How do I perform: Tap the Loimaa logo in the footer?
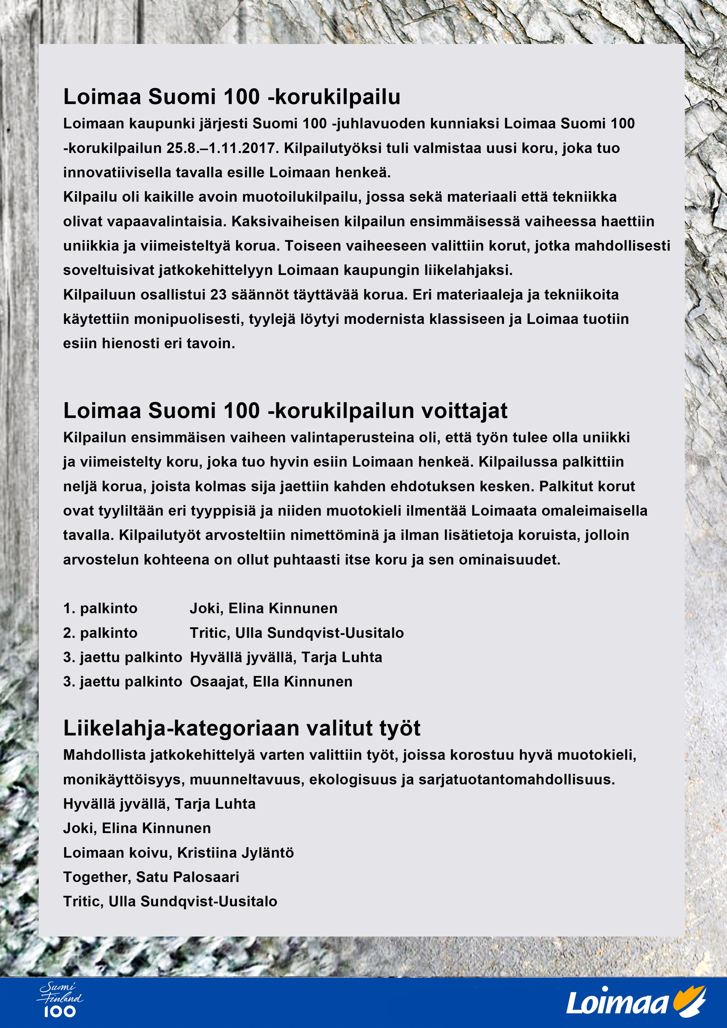point(636,1001)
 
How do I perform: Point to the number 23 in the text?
point(218,295)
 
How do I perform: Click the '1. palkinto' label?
point(100,609)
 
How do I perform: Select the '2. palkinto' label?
point(100,633)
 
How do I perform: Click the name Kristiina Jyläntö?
point(235,853)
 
